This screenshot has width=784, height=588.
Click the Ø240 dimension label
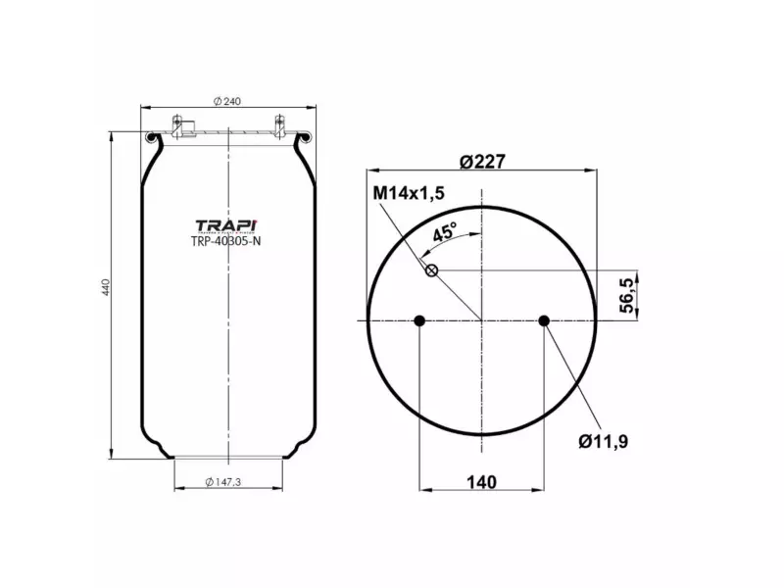tap(228, 101)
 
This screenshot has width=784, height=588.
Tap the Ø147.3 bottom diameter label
tap(227, 481)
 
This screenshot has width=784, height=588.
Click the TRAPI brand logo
tap(225, 224)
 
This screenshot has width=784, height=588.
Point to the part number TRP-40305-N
tap(225, 242)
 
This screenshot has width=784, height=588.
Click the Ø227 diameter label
tap(481, 162)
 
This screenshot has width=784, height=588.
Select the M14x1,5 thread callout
tap(409, 193)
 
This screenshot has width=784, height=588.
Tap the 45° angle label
tap(444, 233)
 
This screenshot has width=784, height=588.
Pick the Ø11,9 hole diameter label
tap(603, 442)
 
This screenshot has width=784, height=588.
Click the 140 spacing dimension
tap(481, 481)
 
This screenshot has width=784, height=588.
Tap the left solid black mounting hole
tap(419, 320)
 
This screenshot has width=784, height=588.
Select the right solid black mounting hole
tap(544, 320)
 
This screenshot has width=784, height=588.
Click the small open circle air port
tap(430, 269)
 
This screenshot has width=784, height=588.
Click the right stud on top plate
tap(280, 124)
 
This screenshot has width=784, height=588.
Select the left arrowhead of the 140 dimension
tap(422, 490)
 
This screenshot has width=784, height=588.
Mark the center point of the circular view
tap(481, 320)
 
